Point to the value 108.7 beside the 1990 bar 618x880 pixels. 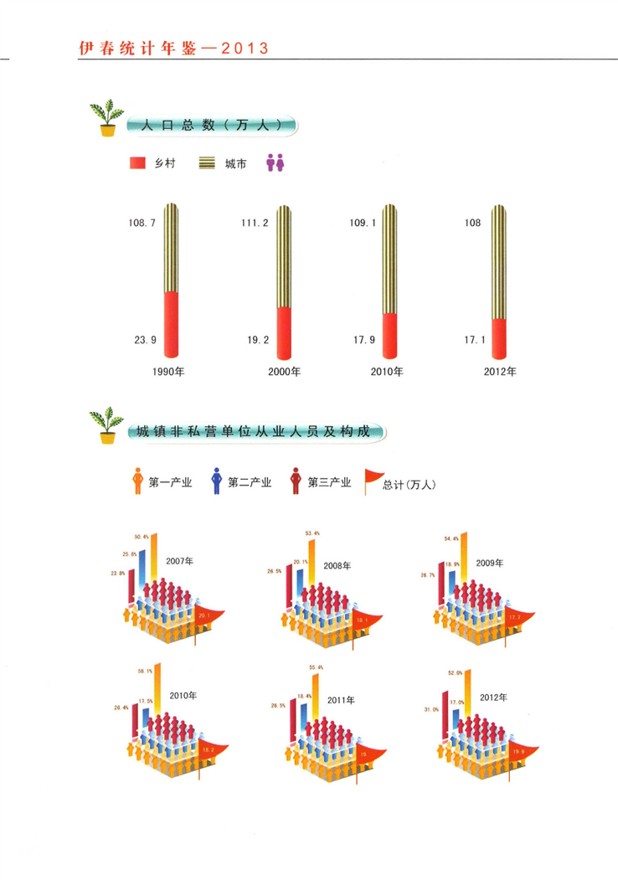point(142,224)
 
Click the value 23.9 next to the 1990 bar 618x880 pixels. point(145,340)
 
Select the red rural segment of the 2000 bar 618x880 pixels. point(284,331)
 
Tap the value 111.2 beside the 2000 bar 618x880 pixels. point(254,224)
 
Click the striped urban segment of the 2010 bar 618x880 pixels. point(389,260)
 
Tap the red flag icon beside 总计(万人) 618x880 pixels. point(371,481)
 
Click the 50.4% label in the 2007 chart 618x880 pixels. point(142,537)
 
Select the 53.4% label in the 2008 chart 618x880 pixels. point(312,533)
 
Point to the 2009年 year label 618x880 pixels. point(490,564)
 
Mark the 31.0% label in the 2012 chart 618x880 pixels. point(431,710)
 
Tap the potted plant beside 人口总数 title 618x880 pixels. point(106,118)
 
